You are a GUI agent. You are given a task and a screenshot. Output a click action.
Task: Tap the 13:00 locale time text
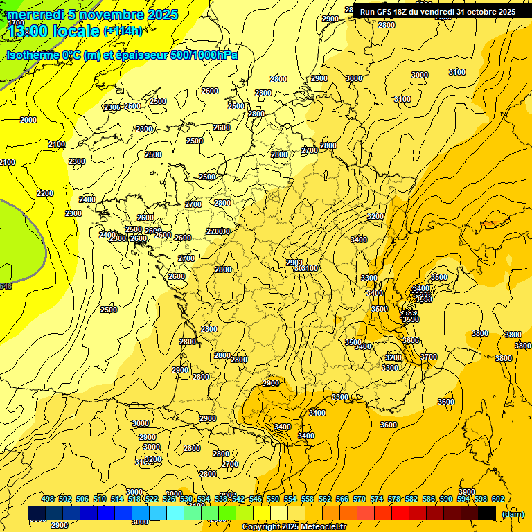point(53,31)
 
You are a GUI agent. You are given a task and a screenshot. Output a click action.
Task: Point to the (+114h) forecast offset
point(123,31)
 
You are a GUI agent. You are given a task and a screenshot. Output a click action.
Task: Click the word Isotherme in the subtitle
point(35,54)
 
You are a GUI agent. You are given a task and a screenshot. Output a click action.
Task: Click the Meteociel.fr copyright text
point(318,527)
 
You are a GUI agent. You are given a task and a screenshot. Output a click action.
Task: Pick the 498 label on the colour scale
point(48,499)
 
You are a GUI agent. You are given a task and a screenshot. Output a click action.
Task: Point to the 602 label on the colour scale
point(498,499)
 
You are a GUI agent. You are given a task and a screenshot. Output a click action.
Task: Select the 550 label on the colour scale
point(273,499)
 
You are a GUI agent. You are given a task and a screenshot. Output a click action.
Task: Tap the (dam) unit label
point(513,514)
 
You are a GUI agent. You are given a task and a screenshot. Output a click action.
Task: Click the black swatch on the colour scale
point(487,513)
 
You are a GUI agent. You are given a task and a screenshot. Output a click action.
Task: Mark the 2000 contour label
point(28,120)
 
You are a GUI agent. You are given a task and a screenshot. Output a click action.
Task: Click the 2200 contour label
point(45,193)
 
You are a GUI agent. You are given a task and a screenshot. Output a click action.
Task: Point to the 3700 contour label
point(429,357)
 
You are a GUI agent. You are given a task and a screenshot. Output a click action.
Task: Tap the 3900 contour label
point(467,492)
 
